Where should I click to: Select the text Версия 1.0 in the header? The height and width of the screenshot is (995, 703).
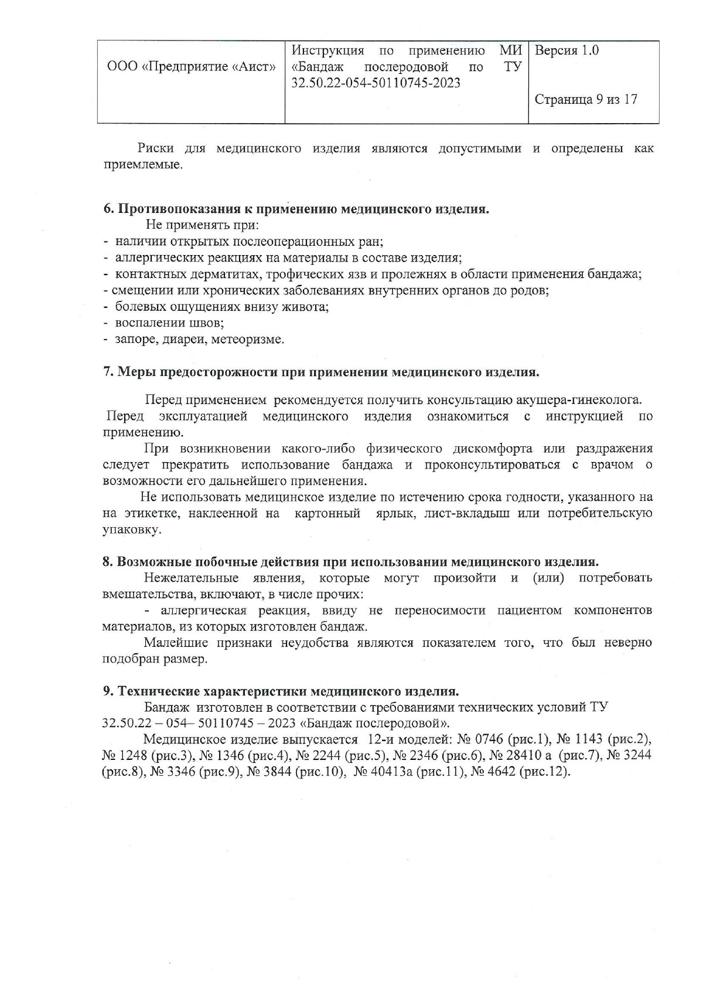tap(567, 50)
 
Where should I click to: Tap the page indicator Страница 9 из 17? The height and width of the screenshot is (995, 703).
tap(586, 100)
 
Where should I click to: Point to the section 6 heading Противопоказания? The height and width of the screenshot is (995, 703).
tap(296, 209)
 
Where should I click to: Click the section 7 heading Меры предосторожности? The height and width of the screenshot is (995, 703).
tap(320, 372)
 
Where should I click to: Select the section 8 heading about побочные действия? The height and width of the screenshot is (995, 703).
tap(350, 562)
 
